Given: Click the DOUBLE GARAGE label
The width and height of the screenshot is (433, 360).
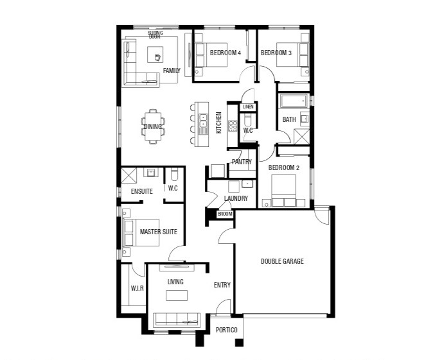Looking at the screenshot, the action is click(x=282, y=261).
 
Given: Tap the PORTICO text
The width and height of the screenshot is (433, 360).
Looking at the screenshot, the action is click(x=226, y=330).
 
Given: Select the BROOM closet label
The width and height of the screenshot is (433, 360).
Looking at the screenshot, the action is click(x=225, y=214).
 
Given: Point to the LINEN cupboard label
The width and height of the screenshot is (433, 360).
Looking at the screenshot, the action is click(x=248, y=107).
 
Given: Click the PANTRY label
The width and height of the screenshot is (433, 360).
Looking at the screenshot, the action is click(x=242, y=162).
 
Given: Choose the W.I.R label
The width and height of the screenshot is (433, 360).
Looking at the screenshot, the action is click(x=137, y=288).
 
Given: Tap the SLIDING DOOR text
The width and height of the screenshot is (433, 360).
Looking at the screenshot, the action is click(x=155, y=35).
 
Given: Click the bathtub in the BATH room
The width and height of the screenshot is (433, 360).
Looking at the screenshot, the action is click(x=294, y=101).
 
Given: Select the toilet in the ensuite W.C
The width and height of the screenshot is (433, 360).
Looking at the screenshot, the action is click(x=174, y=174).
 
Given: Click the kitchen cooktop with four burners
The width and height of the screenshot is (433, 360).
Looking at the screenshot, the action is click(x=233, y=126).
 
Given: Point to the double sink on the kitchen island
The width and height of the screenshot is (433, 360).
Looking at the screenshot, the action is click(x=204, y=121).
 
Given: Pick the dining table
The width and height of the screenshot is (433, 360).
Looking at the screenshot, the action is click(x=153, y=126).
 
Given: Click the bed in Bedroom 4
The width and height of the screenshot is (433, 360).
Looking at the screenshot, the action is click(x=211, y=55).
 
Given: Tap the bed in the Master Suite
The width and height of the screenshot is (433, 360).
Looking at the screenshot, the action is click(x=141, y=232).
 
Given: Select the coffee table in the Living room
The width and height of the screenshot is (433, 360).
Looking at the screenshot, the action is click(x=177, y=295).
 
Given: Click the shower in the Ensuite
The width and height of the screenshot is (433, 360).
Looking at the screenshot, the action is click(x=129, y=175).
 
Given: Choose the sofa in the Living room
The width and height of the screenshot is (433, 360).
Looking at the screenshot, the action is click(x=177, y=320).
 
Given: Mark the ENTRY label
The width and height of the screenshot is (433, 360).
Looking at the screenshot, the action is click(x=222, y=285).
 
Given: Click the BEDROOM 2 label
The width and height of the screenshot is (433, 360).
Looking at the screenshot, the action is click(x=283, y=167).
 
